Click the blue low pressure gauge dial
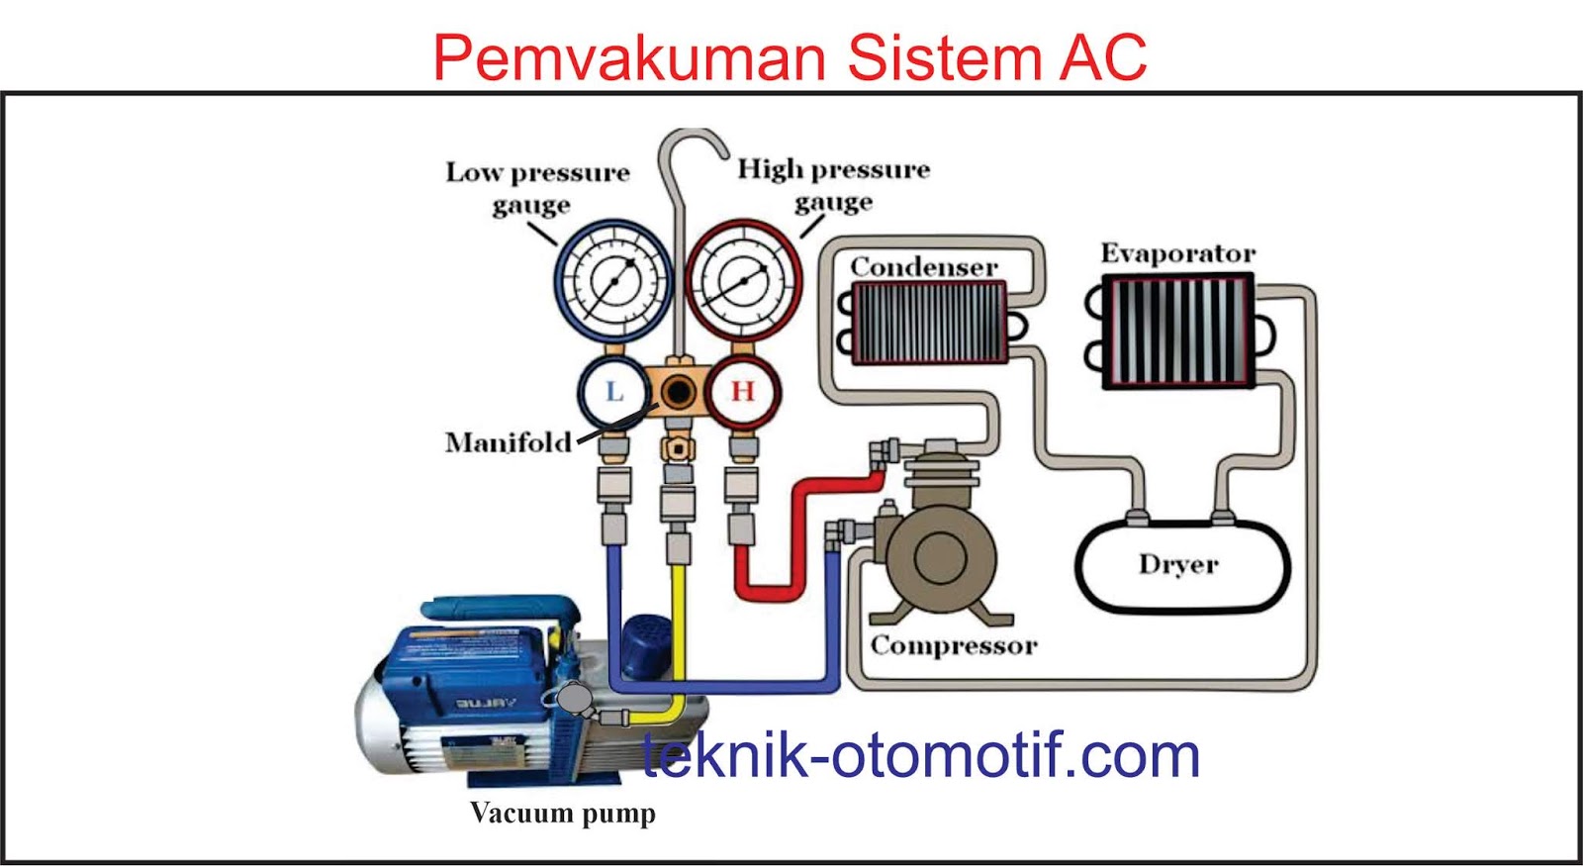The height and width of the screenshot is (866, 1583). coord(613,281)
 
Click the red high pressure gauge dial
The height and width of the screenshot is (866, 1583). coord(743,281)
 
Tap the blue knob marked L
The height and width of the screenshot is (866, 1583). coord(613,392)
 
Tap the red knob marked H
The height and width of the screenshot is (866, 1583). coord(742,392)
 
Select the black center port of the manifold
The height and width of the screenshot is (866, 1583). coord(679,392)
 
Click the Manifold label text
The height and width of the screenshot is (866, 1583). coord(508,442)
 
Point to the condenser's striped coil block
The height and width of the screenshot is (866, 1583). coord(928,323)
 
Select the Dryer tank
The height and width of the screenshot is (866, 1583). coord(1181,565)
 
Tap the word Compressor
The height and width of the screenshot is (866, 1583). coord(954,645)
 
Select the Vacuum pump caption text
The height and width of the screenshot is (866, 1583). coord(562,814)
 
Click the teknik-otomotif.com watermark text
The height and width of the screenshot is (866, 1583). coord(920,756)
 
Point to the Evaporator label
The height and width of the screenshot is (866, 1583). coord(1177,253)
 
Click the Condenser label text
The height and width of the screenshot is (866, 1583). coord(924,267)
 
